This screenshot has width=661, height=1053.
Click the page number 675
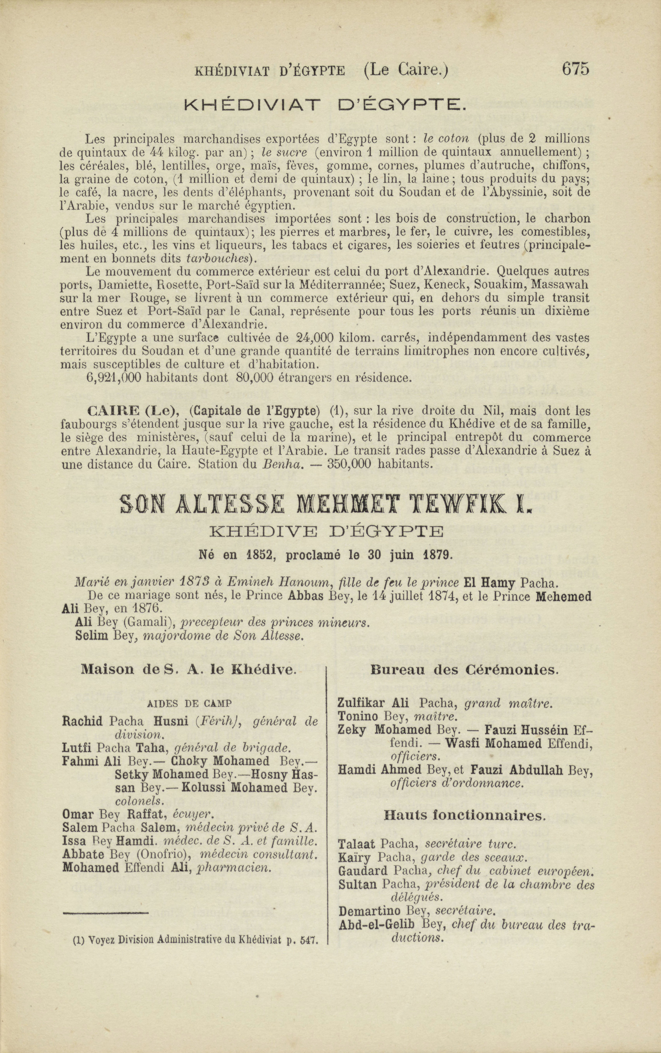coord(575,69)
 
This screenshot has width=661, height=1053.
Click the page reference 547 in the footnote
coord(309,940)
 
